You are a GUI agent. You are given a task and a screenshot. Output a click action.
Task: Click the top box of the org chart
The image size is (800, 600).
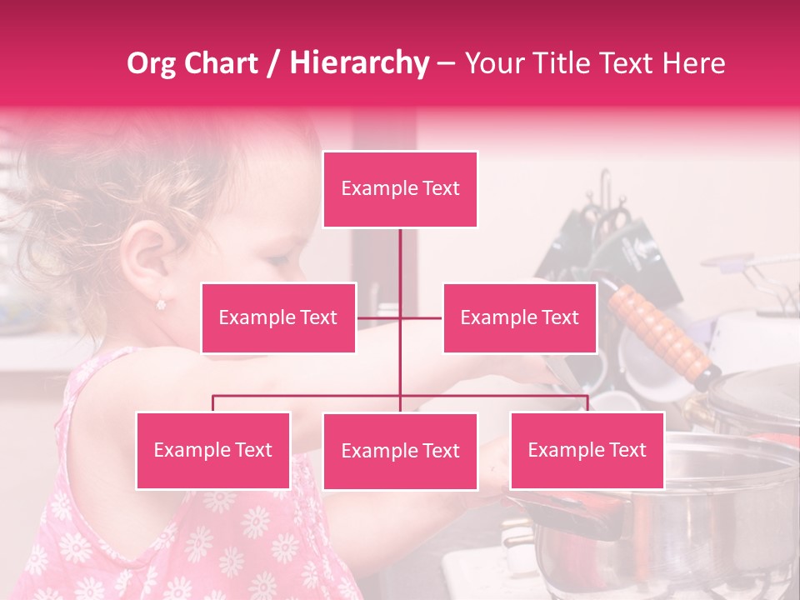[x=400, y=189]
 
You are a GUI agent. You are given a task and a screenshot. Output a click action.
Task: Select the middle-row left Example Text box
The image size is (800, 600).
[x=278, y=317]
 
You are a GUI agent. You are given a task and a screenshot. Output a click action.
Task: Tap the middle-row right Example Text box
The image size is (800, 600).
[x=519, y=317]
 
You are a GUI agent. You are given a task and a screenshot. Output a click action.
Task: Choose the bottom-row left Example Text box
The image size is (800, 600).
[x=213, y=450]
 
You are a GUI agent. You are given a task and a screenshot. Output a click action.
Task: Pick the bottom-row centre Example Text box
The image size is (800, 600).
[x=400, y=451]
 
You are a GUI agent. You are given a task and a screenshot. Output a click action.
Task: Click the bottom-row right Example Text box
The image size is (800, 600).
[x=587, y=450]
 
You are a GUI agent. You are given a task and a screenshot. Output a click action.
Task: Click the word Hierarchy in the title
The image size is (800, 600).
[x=359, y=62]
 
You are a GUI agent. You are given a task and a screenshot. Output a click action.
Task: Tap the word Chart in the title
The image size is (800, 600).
[x=221, y=62]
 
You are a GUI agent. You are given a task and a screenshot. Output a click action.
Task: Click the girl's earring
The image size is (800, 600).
[x=162, y=303]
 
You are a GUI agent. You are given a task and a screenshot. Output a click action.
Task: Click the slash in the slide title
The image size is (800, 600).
[x=272, y=63]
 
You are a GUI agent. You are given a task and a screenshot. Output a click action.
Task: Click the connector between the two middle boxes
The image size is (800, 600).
[x=400, y=317]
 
